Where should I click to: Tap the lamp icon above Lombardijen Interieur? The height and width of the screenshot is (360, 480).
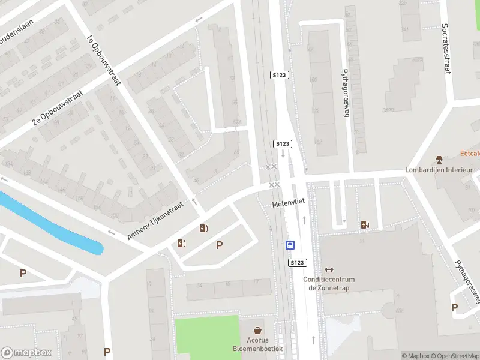pos(440,159)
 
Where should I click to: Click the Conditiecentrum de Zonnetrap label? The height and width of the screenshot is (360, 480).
pos(329,283)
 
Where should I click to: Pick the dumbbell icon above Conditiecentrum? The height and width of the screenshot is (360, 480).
pos(329,269)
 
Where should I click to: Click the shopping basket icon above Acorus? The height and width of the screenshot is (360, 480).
pos(258,331)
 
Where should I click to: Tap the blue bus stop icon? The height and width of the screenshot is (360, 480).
pos(290,245)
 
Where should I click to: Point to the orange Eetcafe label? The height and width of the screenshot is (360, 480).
pos(470,153)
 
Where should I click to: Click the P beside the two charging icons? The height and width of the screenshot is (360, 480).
pos(220,245)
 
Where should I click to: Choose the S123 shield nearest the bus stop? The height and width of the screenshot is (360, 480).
pos(297,263)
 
